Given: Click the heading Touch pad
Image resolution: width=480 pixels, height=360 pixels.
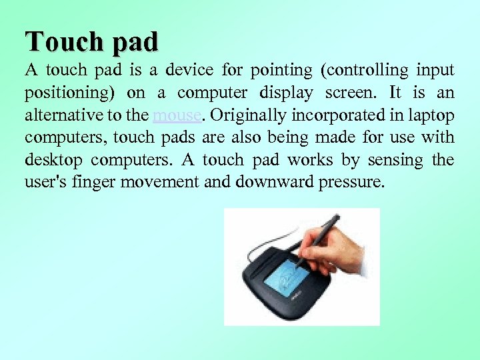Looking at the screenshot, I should coord(92,41).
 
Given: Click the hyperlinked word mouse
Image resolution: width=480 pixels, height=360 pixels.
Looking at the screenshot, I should coord(176,115).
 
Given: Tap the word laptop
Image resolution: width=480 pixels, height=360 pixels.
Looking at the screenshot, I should coord(432,115).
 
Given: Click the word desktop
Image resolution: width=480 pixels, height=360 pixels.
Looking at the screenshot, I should coord(55,161).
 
